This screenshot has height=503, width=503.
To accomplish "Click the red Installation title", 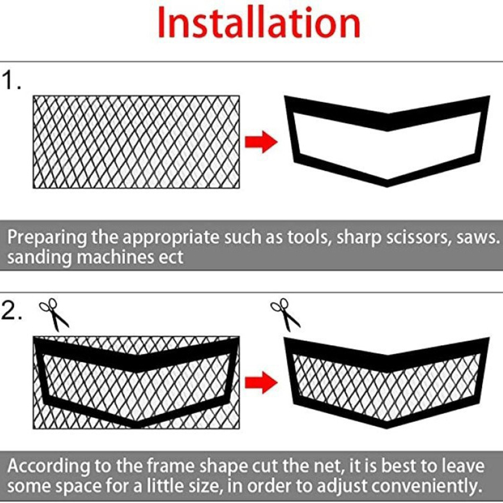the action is pos(259,23).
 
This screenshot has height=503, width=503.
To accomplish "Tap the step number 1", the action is pos(11,81).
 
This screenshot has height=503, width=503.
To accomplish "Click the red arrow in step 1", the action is pos(261,141).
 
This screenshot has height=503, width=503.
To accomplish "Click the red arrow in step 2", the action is pos(261,382).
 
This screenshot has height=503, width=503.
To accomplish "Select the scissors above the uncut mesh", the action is pos(54,314).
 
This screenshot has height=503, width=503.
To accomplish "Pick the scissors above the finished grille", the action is pos(285,314).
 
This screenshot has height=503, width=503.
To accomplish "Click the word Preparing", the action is pos(47,238).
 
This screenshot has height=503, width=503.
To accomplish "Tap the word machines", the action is pos(115,257).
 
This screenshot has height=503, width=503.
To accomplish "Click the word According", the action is pos(49,467).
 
